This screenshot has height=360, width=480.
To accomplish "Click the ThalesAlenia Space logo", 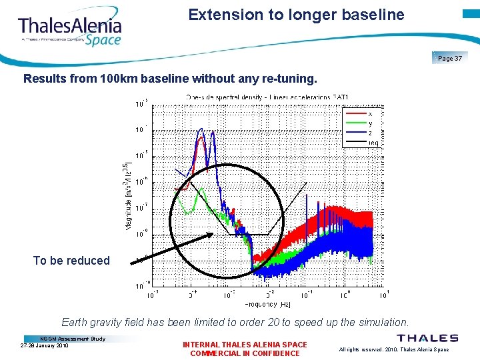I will click(70, 30).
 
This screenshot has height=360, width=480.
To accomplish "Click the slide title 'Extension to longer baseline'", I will click(296, 15).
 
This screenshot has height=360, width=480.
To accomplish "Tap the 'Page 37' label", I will click(450, 59).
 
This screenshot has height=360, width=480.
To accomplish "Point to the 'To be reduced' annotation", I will click(71, 261).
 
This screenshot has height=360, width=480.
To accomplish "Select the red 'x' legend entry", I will click(371, 113).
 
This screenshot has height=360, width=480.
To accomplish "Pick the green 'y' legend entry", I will click(371, 123).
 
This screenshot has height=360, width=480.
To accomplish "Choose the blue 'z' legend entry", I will click(371, 133).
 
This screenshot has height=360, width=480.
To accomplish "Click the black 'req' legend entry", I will click(373, 142).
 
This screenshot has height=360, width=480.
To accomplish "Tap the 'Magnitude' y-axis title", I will click(127, 197).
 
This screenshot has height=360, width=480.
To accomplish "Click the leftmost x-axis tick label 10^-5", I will click(153, 294).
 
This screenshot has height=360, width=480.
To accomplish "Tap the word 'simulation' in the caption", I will click(381, 322).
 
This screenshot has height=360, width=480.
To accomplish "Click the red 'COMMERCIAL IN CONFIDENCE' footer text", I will click(245, 353).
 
